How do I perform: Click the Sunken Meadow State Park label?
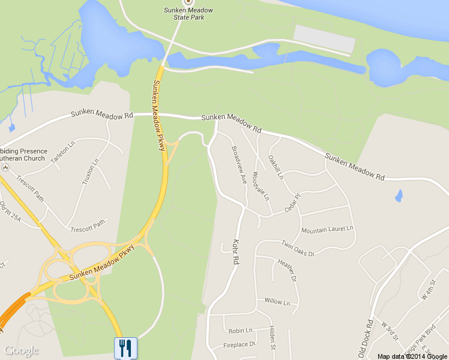click(x=188, y=14)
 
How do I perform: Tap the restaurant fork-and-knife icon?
click(x=125, y=347)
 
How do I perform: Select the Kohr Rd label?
click(x=235, y=253)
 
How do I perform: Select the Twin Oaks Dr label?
click(x=298, y=248)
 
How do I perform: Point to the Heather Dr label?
click(x=287, y=269)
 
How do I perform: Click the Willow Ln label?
click(x=277, y=301)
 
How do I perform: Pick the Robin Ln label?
click(x=240, y=330)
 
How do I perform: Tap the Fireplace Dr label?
click(x=240, y=344)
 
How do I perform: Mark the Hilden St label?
click(x=272, y=338)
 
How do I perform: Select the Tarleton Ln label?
click(x=64, y=150)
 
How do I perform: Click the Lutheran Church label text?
click(x=22, y=158)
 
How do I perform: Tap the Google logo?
click(x=21, y=350)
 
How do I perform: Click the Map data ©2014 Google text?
click(x=412, y=356)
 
